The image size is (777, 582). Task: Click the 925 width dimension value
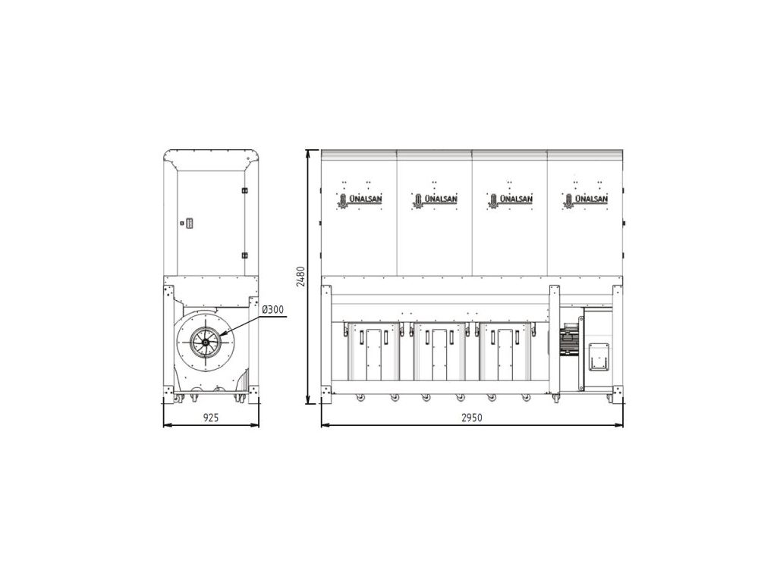point(211,418)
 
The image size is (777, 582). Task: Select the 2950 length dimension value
point(472,418)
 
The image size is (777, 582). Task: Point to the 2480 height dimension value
point(300,277)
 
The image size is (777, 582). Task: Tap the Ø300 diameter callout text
point(272,310)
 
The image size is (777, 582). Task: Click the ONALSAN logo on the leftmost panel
point(359,200)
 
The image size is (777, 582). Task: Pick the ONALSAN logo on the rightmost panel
point(585,200)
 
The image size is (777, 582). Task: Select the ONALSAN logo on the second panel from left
point(434,200)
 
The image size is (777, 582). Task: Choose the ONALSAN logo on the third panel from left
point(509,200)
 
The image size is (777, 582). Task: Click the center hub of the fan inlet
point(206,341)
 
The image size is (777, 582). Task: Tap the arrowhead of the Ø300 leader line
point(222,333)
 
